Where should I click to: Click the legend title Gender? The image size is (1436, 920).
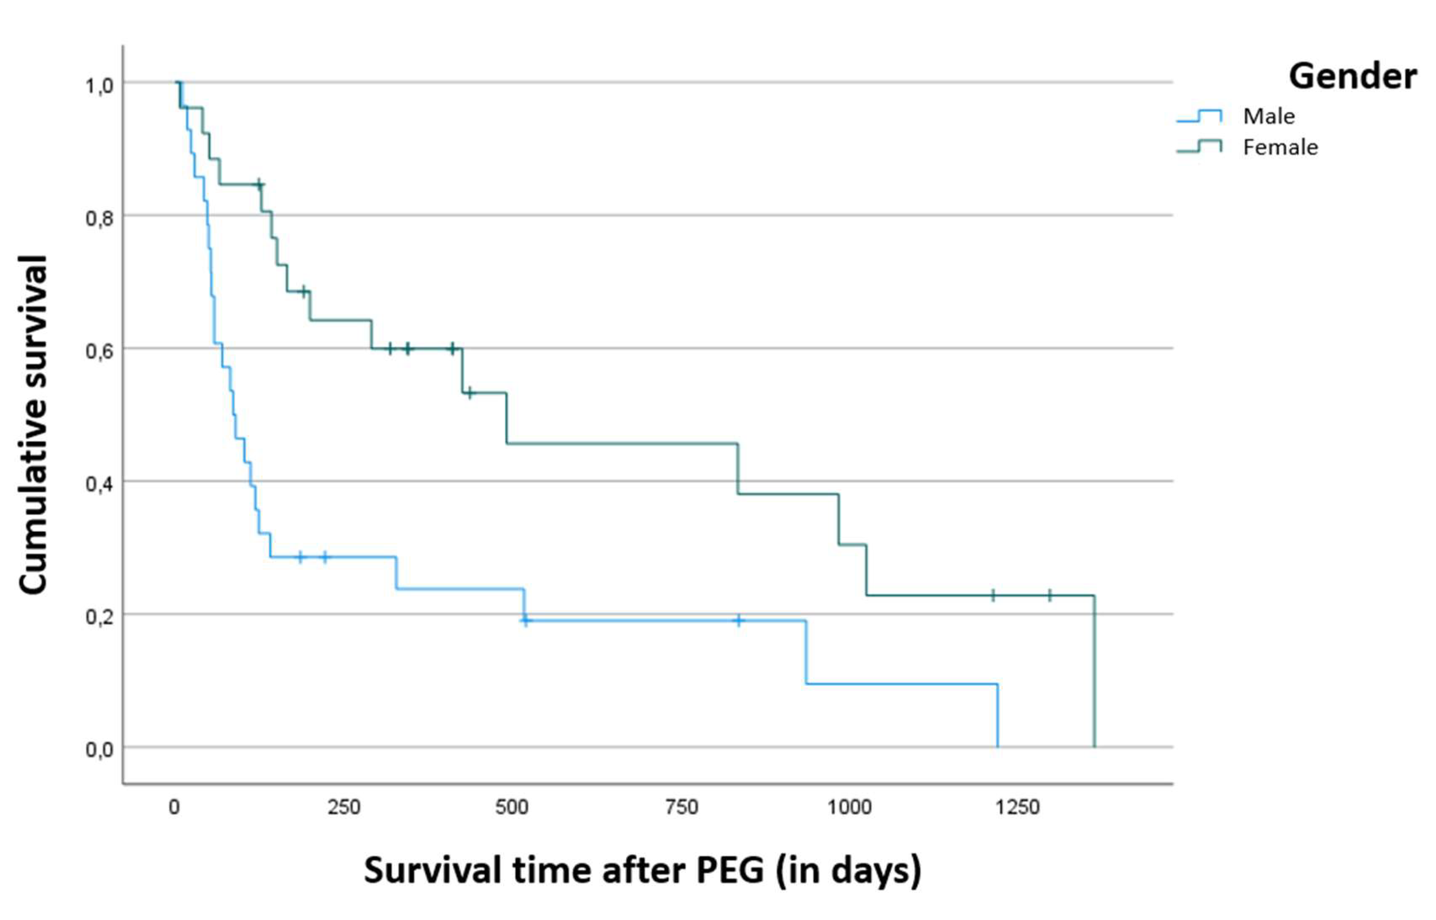(x=1352, y=77)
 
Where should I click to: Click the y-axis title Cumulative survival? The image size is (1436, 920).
(x=33, y=424)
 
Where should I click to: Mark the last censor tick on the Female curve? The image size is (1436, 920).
(x=1050, y=595)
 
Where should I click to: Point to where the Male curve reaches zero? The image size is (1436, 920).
(x=997, y=746)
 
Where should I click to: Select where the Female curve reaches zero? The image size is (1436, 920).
(x=1094, y=746)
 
